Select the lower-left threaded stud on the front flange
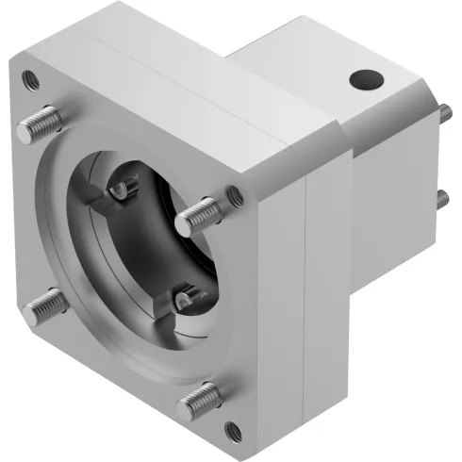point(45,306)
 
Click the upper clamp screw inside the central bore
point(120,190)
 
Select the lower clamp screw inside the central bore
point(185,301)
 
